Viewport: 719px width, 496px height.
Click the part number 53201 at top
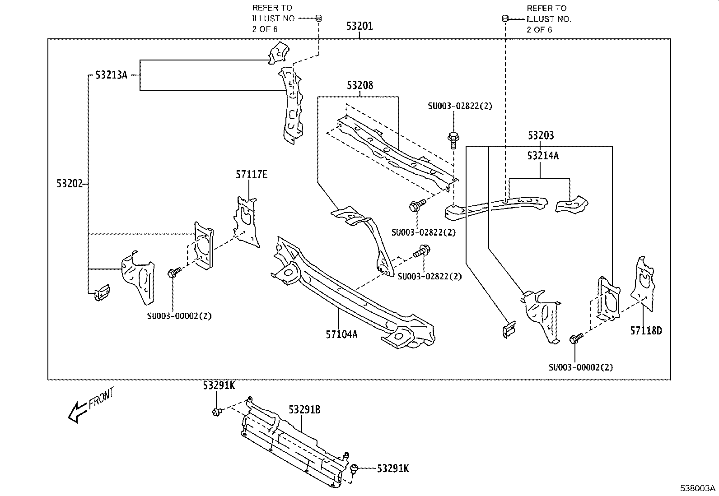359,26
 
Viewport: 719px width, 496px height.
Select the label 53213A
111,75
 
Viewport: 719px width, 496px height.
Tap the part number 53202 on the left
70,184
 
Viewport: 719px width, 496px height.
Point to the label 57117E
251,174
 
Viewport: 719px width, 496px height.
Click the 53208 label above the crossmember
360,85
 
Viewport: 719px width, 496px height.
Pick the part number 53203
541,135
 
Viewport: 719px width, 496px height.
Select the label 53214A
543,156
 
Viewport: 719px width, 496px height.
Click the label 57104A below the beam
341,334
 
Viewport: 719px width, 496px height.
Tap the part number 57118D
646,331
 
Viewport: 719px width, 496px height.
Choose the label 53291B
304,410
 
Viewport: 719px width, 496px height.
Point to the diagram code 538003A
698,488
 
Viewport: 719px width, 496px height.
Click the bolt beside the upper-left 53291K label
217,412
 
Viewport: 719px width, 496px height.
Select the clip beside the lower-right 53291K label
355,469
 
